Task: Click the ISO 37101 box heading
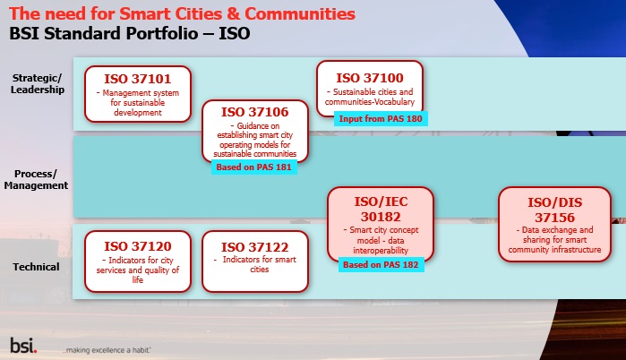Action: (138, 79)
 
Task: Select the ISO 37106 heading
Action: (255, 112)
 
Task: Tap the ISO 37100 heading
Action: (370, 78)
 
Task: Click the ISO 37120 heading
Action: (138, 246)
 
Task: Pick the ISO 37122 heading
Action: (255, 247)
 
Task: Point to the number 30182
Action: (381, 217)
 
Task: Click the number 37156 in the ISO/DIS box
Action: (554, 218)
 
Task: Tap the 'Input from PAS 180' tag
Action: (381, 118)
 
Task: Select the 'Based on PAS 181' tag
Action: (254, 167)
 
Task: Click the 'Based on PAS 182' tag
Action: (381, 264)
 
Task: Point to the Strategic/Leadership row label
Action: (37, 84)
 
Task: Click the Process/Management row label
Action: (36, 180)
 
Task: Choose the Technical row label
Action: (36, 267)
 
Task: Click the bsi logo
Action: (23, 346)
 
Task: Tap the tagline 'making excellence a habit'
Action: (107, 350)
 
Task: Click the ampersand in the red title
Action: (233, 13)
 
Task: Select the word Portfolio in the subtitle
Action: (162, 33)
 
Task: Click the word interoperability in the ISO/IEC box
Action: (381, 251)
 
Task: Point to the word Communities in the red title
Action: (300, 13)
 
